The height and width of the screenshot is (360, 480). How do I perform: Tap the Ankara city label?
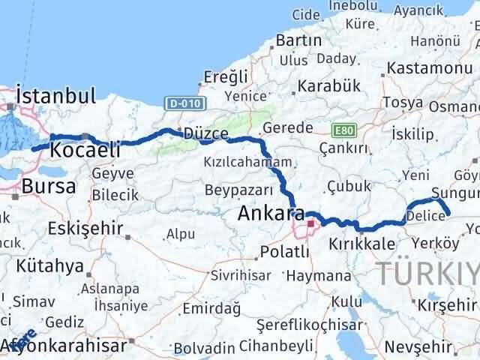[271, 213]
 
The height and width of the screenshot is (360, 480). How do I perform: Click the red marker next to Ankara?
[310, 223]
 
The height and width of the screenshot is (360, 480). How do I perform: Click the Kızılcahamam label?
[246, 161]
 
